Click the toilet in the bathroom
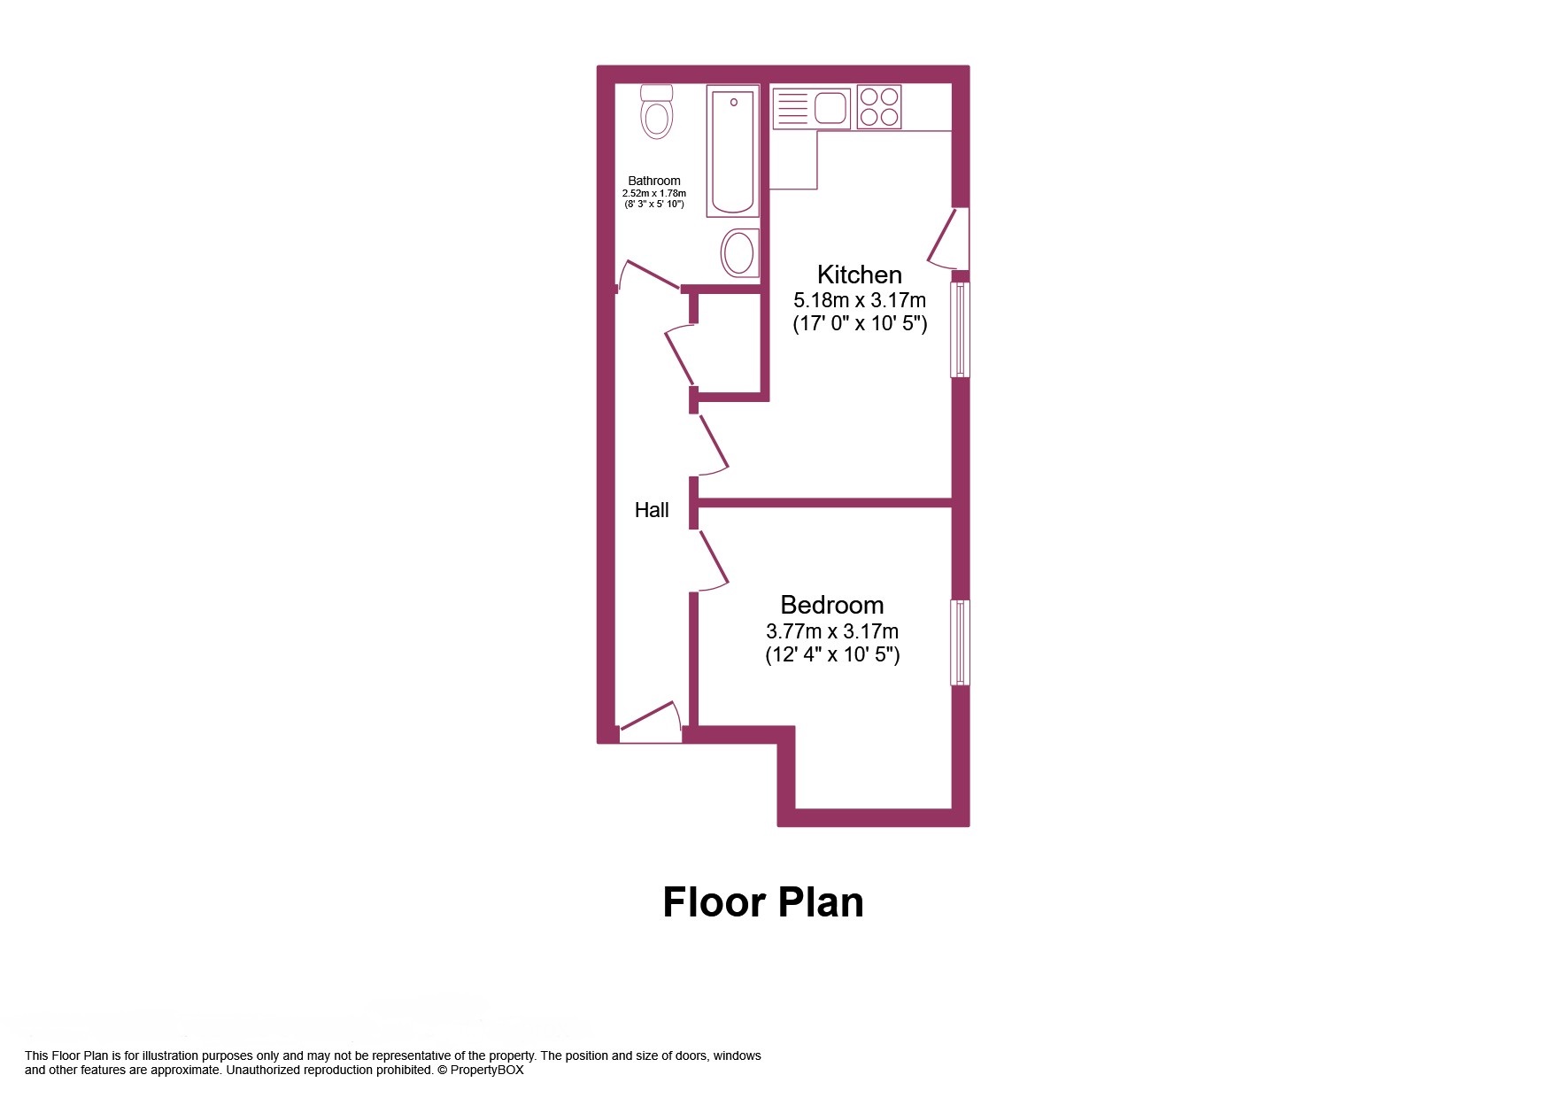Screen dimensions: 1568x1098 click(x=656, y=112)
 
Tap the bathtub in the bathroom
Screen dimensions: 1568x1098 click(x=733, y=151)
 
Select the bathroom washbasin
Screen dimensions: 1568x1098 click(x=739, y=252)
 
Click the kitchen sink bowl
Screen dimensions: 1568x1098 click(x=831, y=108)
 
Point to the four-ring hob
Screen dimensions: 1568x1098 click(x=879, y=106)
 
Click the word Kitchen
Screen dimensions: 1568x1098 click(x=859, y=274)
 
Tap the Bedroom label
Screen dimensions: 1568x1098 click(x=832, y=605)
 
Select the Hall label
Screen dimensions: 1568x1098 click(x=652, y=510)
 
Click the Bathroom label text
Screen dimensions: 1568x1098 click(x=654, y=181)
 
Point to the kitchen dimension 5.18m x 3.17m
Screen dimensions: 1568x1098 click(x=860, y=300)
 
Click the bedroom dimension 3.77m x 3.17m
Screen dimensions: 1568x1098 click(x=832, y=631)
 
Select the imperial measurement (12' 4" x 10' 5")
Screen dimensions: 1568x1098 click(x=832, y=655)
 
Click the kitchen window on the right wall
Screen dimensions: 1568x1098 click(x=961, y=329)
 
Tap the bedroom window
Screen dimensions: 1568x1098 click(x=961, y=643)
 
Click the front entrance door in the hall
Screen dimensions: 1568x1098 click(x=650, y=723)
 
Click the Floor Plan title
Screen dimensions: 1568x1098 click(x=763, y=902)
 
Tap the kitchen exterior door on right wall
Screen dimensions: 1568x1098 click(x=947, y=239)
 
